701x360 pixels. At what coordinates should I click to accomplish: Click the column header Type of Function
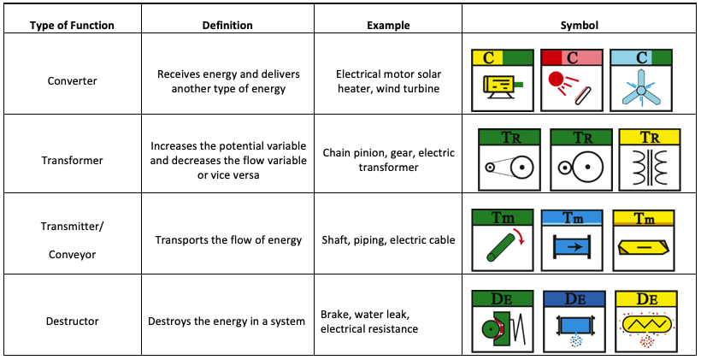(72, 26)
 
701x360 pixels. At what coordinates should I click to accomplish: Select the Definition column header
(227, 26)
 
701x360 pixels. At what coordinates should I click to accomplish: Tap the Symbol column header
(580, 26)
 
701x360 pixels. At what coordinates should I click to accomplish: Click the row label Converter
(73, 81)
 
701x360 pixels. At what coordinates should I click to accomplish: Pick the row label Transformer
(73, 160)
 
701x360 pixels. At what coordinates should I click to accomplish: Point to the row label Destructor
(73, 322)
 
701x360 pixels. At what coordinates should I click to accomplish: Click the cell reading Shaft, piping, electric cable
(388, 240)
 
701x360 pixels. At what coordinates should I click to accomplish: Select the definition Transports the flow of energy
(228, 240)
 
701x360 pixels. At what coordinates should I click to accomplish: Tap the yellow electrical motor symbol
(502, 86)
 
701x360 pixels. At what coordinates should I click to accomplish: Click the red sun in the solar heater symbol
(556, 80)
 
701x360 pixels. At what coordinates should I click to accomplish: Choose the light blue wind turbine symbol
(641, 91)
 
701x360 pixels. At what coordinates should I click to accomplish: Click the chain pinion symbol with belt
(510, 168)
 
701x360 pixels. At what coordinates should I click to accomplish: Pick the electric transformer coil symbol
(650, 168)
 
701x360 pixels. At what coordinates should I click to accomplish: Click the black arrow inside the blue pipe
(572, 246)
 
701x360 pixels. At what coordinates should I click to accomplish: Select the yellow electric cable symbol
(644, 247)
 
